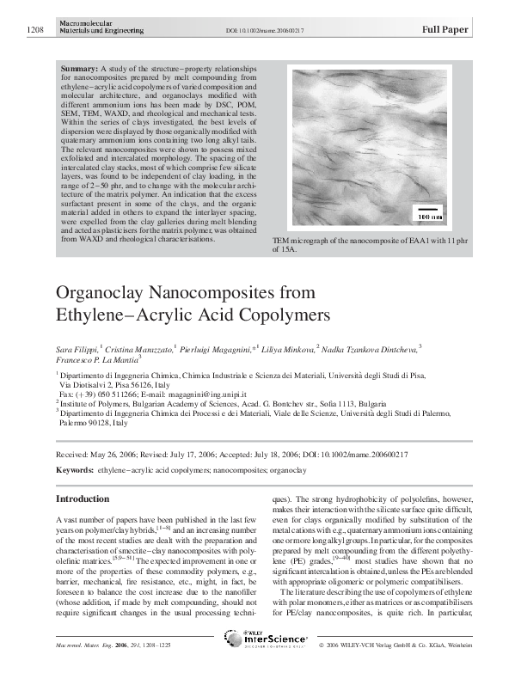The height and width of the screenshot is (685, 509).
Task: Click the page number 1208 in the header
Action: [34, 30]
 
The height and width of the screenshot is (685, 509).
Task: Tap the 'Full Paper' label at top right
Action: [445, 29]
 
